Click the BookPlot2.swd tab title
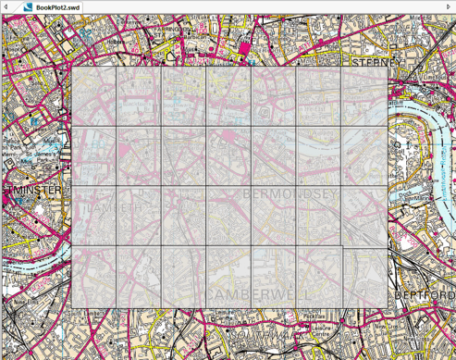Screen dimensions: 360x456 tap(57, 6)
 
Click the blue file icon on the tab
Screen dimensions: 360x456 tap(28, 6)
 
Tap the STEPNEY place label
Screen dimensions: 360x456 tap(376, 62)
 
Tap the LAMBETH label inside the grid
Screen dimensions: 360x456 tap(115, 209)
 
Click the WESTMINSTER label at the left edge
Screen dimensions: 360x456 tap(31, 191)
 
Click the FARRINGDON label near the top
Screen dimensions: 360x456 tap(172, 29)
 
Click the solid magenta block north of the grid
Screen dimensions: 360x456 tap(245, 48)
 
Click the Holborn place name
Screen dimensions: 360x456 tap(118, 42)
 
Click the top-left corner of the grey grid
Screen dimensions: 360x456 tap(72, 67)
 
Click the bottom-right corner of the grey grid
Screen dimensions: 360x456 tap(388, 308)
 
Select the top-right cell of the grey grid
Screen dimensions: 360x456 tap(364, 96)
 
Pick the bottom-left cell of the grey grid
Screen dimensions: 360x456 tap(94, 278)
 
